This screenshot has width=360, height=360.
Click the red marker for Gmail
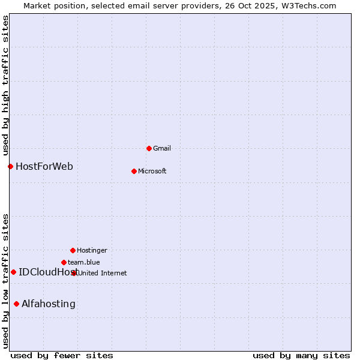[x=149, y=148]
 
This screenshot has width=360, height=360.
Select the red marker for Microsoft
[x=134, y=171]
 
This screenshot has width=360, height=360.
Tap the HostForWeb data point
[x=10, y=166]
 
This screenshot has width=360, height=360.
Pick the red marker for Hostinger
[x=73, y=250]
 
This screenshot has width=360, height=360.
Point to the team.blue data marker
[x=64, y=262]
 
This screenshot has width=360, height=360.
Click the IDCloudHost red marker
[x=13, y=272]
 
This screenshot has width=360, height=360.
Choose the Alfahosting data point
[x=16, y=304]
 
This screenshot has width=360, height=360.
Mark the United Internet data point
[x=74, y=273]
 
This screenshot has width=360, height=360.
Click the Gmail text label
[x=162, y=148]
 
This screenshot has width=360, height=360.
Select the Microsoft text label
[x=152, y=171]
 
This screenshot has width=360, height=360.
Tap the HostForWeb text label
[x=44, y=166]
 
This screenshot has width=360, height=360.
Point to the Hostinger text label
[x=92, y=250]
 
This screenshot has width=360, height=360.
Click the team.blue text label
[x=84, y=262]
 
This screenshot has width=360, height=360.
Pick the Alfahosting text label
[x=49, y=304]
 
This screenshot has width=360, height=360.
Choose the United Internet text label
[x=103, y=273]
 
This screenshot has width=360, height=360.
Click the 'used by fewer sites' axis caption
[x=62, y=355]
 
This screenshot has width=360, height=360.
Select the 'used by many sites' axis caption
[x=301, y=355]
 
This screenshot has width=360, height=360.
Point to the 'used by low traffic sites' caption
[x=6, y=281]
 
